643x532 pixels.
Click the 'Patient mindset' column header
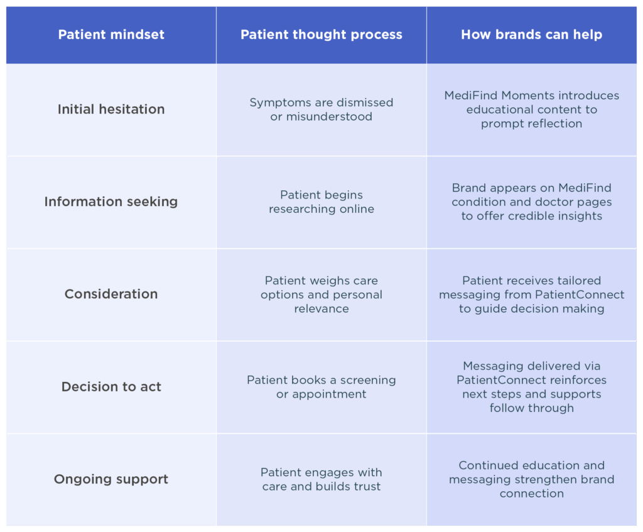[x=111, y=35]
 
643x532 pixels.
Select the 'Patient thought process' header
[x=321, y=35]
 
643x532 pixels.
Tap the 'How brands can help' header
[x=531, y=35]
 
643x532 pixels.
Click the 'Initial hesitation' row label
[x=111, y=109]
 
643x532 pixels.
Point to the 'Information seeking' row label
[x=111, y=202]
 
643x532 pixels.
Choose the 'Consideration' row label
[x=111, y=294]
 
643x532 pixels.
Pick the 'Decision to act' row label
[x=111, y=387]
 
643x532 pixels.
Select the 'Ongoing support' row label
[x=111, y=479]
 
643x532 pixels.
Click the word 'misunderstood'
[x=329, y=116]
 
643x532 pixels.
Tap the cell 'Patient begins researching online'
[x=321, y=202]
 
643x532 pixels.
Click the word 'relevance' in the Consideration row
[x=321, y=308]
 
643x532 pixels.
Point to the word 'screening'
[x=368, y=380]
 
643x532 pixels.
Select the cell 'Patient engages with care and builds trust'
[x=321, y=479]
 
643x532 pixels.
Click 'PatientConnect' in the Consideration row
[x=580, y=295]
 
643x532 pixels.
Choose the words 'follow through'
[x=531, y=408]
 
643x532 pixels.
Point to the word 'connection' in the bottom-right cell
[x=531, y=494]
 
